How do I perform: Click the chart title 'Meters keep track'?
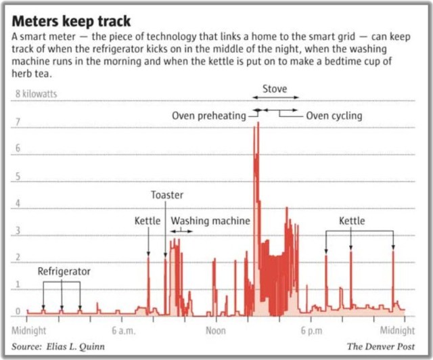click(x=71, y=21)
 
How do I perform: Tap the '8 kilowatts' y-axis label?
click(x=37, y=95)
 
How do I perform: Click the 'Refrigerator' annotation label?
click(x=64, y=271)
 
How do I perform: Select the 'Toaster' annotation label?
click(x=166, y=195)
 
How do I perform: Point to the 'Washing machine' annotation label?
click(x=210, y=221)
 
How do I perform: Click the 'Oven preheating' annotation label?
click(x=208, y=116)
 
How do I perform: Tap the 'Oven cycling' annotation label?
click(x=334, y=116)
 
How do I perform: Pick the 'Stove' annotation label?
click(x=275, y=89)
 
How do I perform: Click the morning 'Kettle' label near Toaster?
click(x=147, y=221)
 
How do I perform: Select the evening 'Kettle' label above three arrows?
click(x=351, y=221)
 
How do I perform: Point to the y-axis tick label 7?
click(x=18, y=122)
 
